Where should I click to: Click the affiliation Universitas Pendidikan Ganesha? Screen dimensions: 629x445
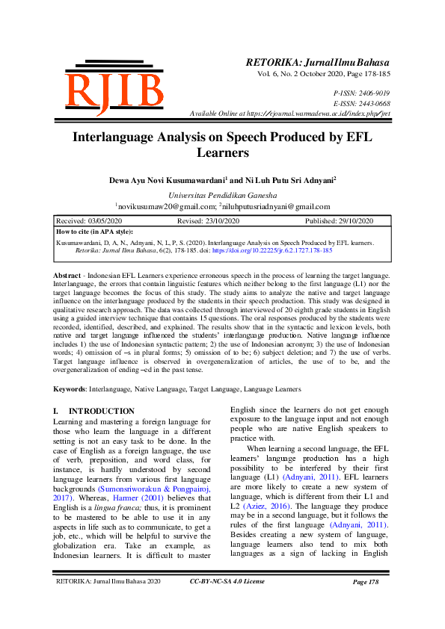coord(222,194)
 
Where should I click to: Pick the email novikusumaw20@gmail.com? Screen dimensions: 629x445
coord(160,206)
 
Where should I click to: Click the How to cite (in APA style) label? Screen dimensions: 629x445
coord(95,232)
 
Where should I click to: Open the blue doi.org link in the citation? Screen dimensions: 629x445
coord(272,251)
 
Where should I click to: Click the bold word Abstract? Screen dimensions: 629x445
coord(68,276)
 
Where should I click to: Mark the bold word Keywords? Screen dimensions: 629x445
coord(70,389)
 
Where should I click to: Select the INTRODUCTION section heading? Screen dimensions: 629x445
coord(102,412)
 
